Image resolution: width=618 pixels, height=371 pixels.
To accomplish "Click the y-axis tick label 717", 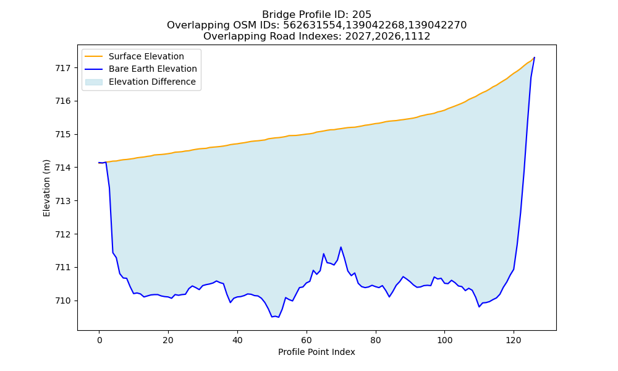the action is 62,68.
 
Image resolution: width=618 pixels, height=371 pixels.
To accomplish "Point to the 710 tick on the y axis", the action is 62,301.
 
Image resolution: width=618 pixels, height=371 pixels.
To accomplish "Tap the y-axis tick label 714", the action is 62,168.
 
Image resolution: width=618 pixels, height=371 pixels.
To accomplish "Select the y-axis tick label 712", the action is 62,234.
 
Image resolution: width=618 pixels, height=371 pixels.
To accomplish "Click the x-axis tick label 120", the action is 514,340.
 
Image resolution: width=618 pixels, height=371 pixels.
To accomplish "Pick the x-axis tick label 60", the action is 307,340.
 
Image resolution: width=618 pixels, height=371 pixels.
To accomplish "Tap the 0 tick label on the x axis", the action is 99,340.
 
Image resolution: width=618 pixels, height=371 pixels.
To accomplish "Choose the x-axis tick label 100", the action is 444,340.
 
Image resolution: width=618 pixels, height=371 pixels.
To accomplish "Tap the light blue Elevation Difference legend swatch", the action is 94,82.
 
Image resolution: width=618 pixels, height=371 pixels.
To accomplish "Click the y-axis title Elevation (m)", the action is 46,188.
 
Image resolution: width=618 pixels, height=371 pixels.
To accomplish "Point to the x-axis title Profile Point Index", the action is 316,352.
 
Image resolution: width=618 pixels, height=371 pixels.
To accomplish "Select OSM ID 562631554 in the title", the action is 313,25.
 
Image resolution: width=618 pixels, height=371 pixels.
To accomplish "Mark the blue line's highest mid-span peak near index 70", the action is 341,247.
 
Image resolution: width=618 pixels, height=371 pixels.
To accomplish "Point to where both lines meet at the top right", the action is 535,58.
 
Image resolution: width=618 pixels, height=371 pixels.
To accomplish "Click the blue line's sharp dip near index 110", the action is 480,307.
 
